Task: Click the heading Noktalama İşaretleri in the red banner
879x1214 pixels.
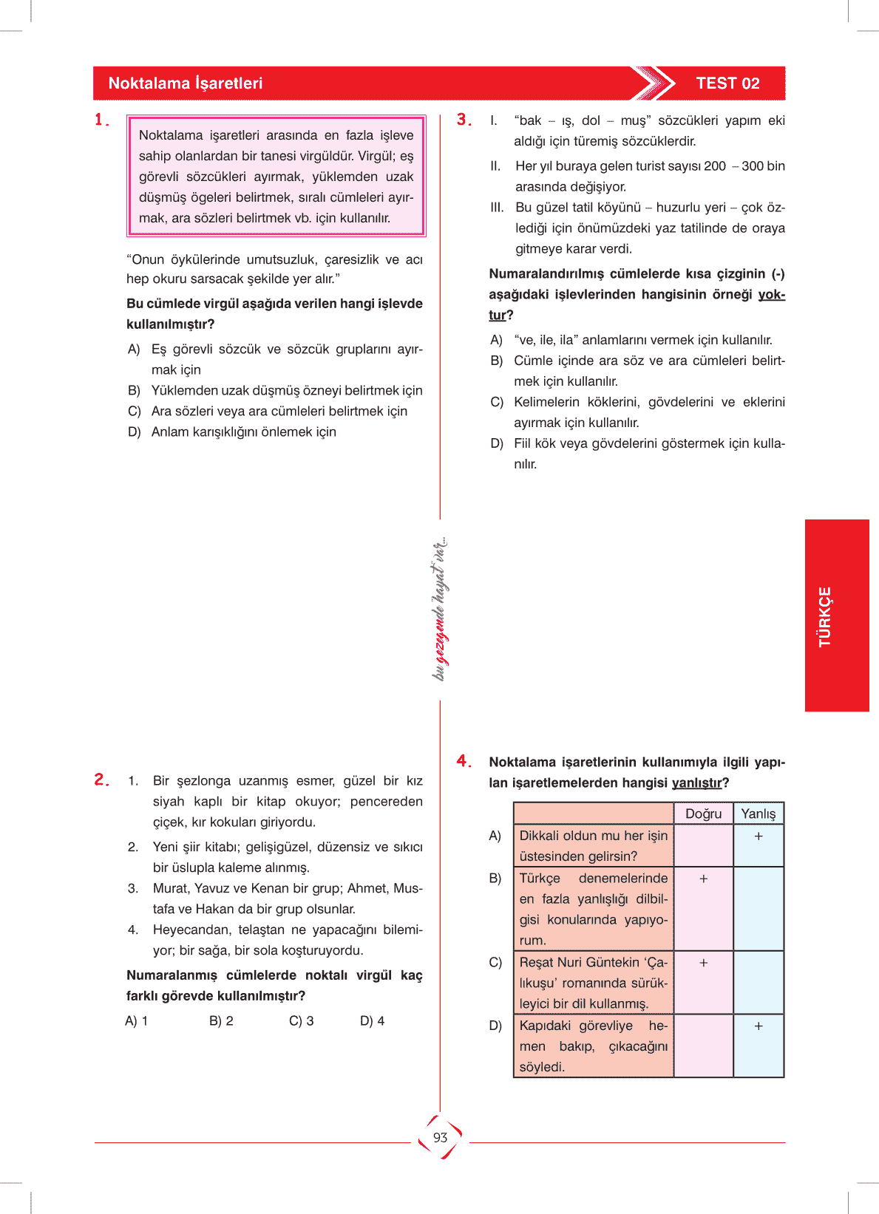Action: tap(185, 83)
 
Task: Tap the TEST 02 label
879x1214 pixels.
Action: tap(727, 83)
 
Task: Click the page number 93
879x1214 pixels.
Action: tap(441, 1138)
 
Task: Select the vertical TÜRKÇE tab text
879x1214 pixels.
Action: tap(825, 617)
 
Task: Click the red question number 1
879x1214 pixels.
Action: tap(101, 120)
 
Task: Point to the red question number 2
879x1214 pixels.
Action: tap(101, 780)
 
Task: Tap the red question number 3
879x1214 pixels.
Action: tap(464, 120)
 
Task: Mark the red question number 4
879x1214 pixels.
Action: tap(464, 761)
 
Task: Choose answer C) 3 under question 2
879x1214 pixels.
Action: tap(302, 1021)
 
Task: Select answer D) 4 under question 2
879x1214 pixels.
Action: tap(373, 1021)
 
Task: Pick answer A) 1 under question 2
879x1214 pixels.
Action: tap(137, 1021)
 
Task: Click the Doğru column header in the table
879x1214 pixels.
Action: tap(703, 814)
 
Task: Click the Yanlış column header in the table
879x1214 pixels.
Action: tap(758, 814)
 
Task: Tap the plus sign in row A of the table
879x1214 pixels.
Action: tap(758, 836)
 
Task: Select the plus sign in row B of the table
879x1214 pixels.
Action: tap(703, 879)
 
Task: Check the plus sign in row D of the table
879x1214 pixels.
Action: tap(758, 1026)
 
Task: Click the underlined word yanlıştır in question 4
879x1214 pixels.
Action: tap(696, 783)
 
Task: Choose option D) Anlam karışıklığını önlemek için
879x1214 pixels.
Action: tap(232, 432)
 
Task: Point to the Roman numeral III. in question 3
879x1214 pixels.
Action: tap(497, 208)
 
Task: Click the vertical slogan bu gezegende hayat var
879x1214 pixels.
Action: tap(440, 610)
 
